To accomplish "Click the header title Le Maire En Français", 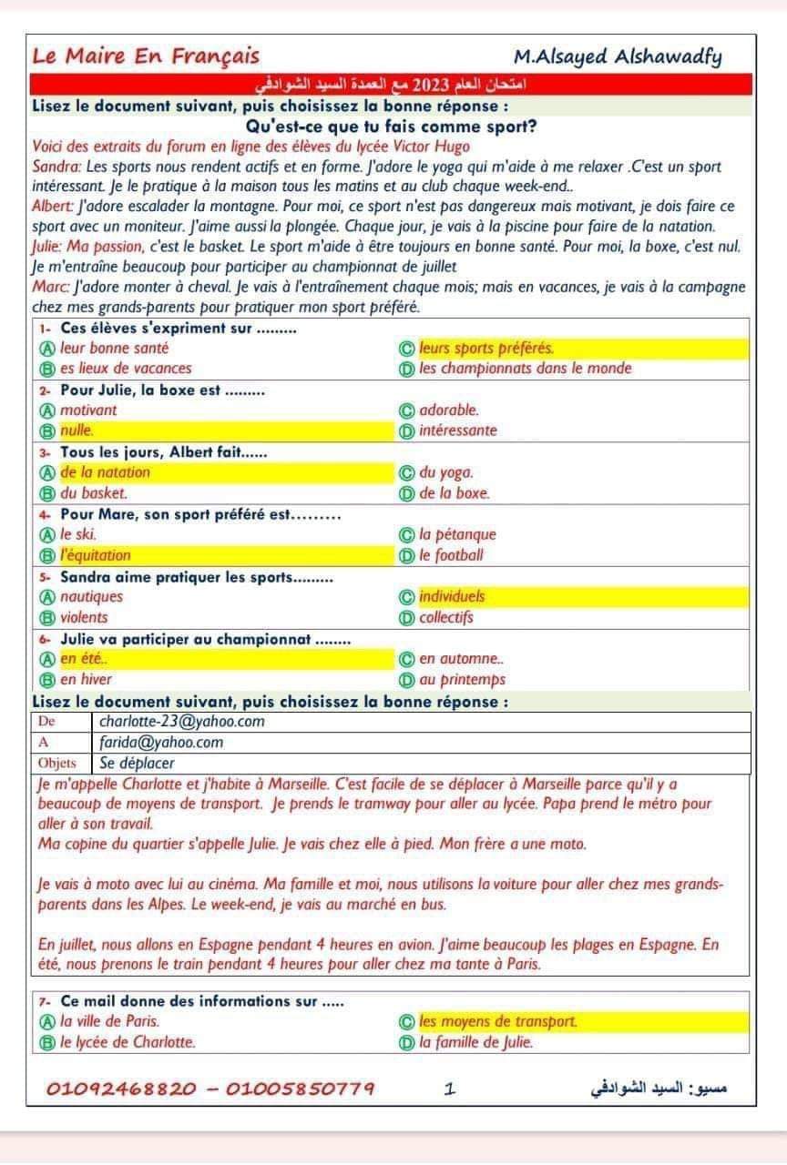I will tap(146, 56).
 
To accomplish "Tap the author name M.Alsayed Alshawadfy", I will tap(618, 57).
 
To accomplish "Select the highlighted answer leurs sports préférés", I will tap(487, 348).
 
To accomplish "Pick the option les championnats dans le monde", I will tap(526, 369).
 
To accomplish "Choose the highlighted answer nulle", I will tap(77, 431).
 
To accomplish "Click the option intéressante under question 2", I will tap(458, 431).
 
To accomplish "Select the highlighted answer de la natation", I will tap(105, 472).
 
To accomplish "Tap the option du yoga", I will tap(446, 472).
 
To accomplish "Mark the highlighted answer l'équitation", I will tap(96, 555).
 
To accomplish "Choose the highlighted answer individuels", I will tap(453, 597).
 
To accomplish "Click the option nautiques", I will tap(91, 597).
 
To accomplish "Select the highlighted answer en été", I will tap(80, 658).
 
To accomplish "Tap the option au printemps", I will tap(462, 679).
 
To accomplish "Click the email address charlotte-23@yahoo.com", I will tap(182, 722).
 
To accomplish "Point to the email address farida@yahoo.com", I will tap(161, 743).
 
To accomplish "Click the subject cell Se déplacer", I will tap(137, 763).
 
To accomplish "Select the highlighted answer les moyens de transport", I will tap(498, 1021).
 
